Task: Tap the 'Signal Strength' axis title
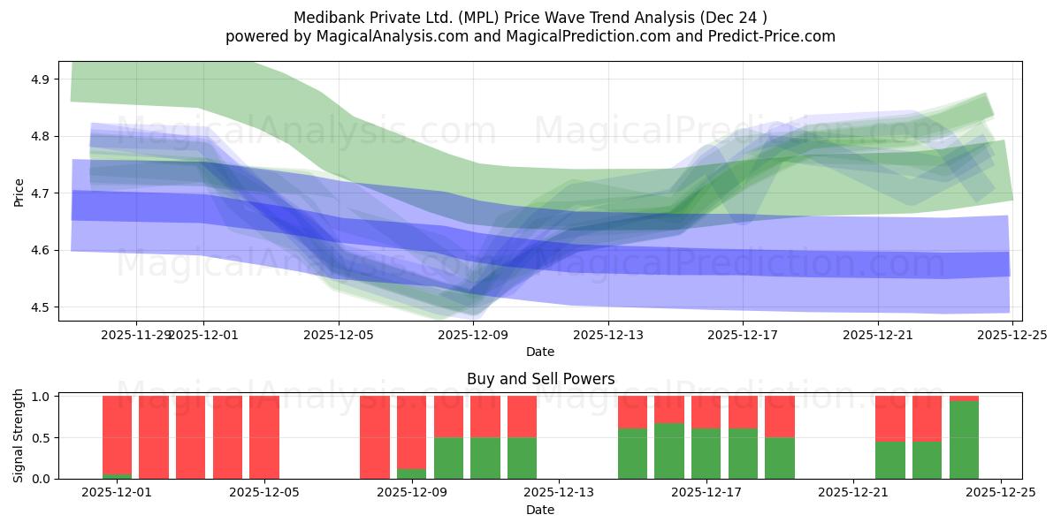(19, 435)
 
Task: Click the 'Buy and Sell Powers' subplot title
(540, 379)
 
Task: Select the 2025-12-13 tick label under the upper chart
(608, 335)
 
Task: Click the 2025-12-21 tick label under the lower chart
(853, 493)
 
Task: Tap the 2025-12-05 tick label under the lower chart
(264, 493)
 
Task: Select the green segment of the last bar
(964, 440)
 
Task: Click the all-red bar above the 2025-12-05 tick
(264, 437)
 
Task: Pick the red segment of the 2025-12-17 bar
(706, 412)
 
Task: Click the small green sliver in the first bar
(117, 476)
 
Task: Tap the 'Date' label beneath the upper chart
(540, 352)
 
